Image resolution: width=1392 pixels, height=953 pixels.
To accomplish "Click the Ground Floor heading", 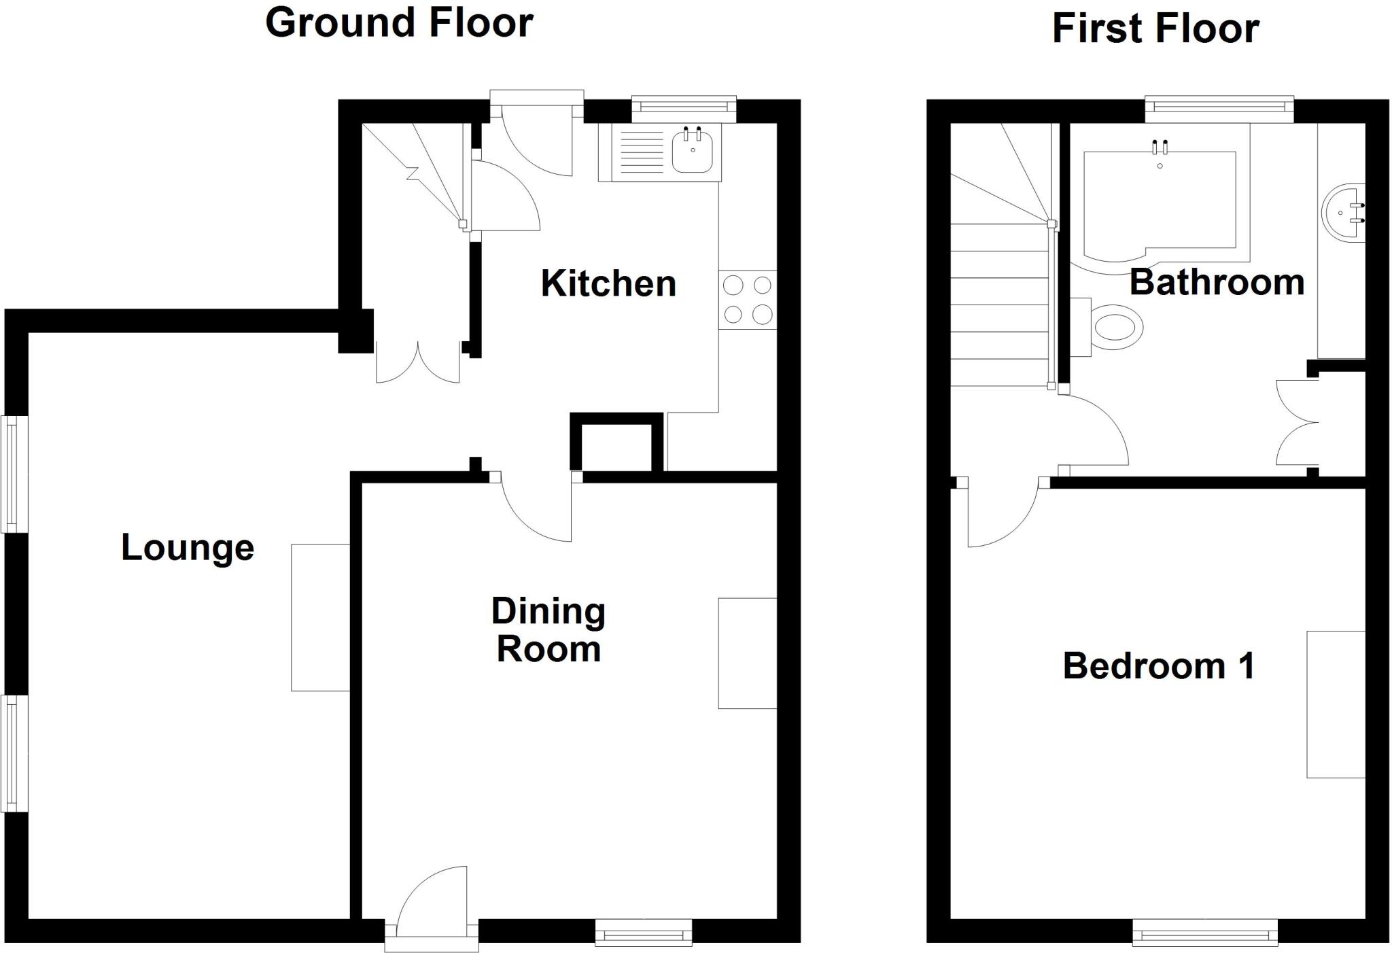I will [x=399, y=23].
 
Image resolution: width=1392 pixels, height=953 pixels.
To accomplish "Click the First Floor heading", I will [x=1155, y=29].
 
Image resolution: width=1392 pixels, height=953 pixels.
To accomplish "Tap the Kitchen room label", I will [x=608, y=283].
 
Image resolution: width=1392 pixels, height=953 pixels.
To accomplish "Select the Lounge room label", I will [x=188, y=547].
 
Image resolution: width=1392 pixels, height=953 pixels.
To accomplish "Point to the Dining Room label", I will [x=549, y=630].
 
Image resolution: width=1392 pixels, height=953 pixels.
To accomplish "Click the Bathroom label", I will [x=1217, y=282].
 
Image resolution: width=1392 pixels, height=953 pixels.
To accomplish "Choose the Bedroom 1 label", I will [x=1158, y=665].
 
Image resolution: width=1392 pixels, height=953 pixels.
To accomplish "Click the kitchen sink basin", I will [x=693, y=152].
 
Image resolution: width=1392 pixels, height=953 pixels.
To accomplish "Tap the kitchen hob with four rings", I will [x=748, y=300].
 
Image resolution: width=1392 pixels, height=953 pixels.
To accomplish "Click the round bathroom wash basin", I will [x=1342, y=212].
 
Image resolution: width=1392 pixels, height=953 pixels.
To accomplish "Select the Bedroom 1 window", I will [x=1205, y=933].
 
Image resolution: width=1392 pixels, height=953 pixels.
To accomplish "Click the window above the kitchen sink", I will [x=684, y=108].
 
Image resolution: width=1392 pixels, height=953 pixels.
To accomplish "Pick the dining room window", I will [x=644, y=933].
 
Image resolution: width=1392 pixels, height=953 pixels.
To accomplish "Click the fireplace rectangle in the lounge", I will [x=320, y=617].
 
